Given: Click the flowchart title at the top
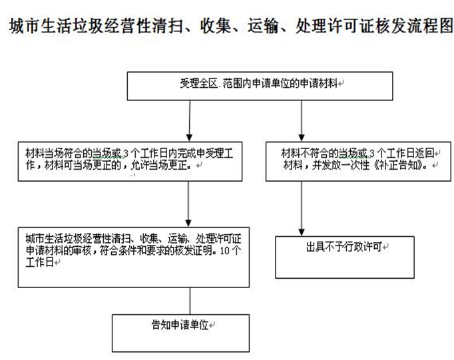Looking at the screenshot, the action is point(231,26).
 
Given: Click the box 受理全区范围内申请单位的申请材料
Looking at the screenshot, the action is point(260,87).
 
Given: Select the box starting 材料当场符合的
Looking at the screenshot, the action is point(130,162).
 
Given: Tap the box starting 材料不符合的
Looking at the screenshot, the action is point(358,162).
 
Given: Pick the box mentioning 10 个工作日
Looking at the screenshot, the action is point(134,258).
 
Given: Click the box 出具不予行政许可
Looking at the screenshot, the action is point(345,258).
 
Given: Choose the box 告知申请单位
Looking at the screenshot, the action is point(180,333).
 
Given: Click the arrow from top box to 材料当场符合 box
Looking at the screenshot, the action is point(189,121).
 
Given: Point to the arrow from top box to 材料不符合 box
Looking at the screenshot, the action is point(302,121).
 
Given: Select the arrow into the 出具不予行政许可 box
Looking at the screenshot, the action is point(302,209).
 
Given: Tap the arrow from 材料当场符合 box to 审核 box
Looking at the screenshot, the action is point(188,204).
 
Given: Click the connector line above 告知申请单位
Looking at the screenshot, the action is point(190,301).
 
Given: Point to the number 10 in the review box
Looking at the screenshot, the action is point(225,251).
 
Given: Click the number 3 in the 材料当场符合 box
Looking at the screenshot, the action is point(125,153).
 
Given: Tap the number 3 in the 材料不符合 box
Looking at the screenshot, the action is point(372,153).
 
